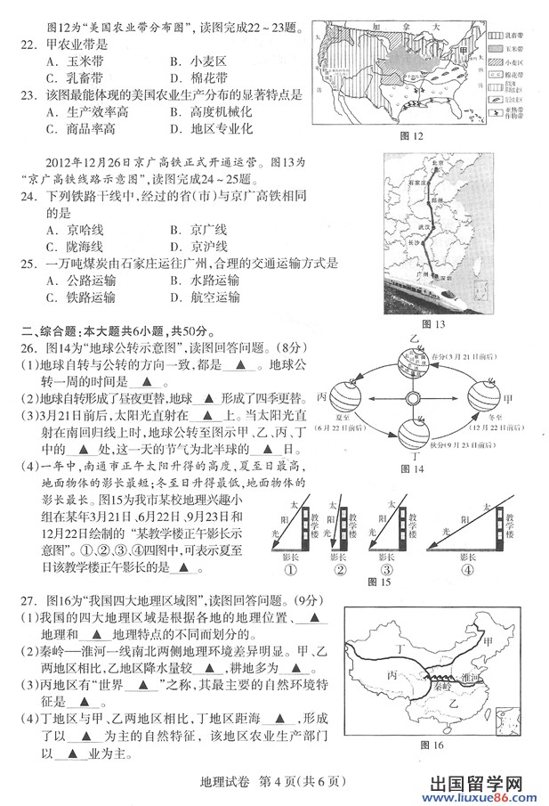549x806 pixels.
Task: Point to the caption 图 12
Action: [410, 135]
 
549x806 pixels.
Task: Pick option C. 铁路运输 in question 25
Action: [79, 297]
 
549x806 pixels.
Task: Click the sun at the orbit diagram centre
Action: [414, 397]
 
